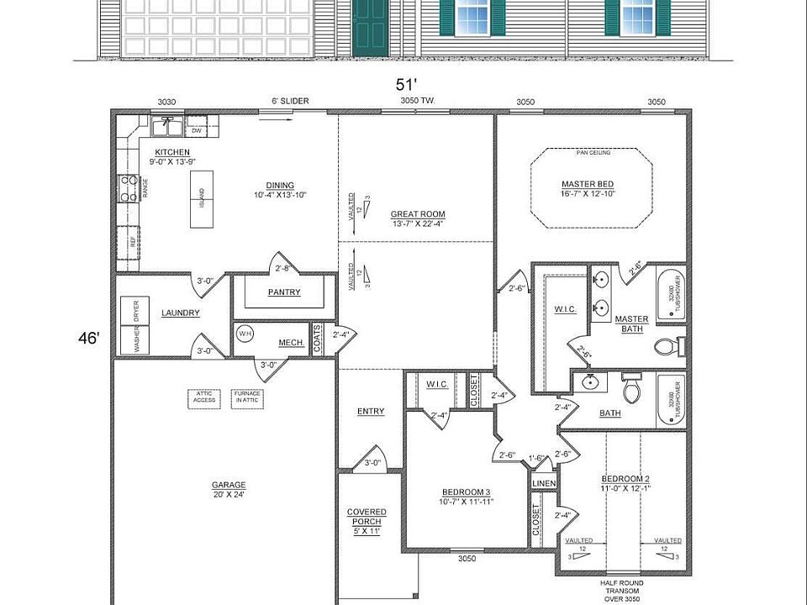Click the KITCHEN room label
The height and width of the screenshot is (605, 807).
[166, 152]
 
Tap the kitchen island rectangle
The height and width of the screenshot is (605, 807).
[201, 199]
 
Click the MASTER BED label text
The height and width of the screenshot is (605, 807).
[587, 185]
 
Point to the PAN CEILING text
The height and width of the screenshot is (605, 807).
[593, 153]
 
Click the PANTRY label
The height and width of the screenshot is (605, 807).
[283, 292]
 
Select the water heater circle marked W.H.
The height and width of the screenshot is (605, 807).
[245, 334]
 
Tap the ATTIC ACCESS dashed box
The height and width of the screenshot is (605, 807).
[205, 397]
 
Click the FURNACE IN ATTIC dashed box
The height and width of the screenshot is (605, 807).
[247, 397]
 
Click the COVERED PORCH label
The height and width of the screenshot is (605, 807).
[367, 517]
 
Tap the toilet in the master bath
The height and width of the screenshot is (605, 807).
[668, 345]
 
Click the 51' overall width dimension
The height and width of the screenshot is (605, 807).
[407, 84]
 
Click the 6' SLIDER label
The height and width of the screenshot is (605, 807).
[289, 102]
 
